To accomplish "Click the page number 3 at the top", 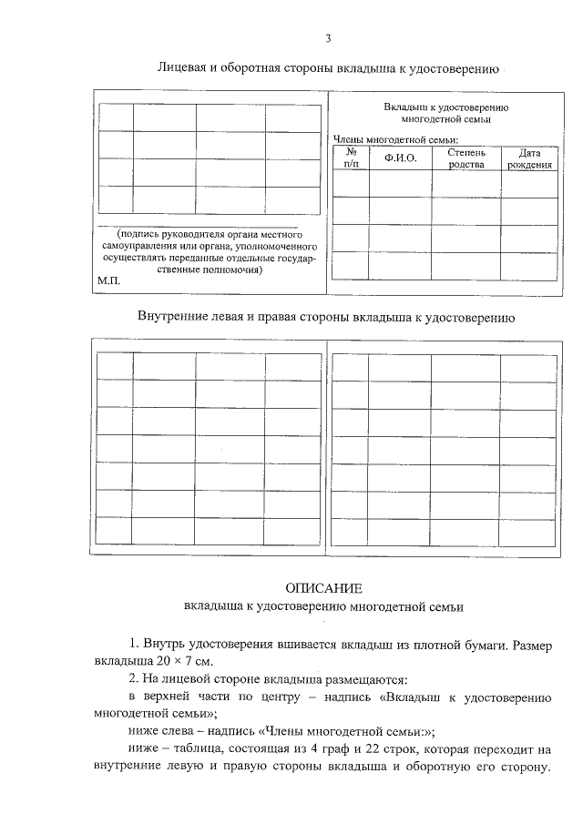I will tap(327, 37).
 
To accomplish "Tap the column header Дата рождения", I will tap(529, 158).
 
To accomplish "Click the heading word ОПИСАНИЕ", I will tap(324, 587).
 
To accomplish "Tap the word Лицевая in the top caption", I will tap(182, 68).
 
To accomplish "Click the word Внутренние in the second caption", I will tap(173, 318).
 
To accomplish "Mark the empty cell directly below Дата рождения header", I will tap(529, 184).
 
